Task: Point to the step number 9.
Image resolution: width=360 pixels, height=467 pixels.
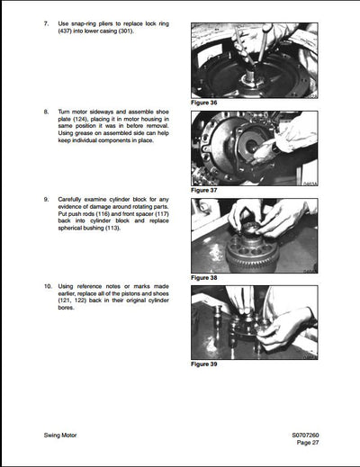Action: pyautogui.click(x=46, y=197)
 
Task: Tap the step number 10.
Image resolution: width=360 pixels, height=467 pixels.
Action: pyautogui.click(x=48, y=285)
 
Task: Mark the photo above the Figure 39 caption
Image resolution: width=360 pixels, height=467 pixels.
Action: pyautogui.click(x=254, y=322)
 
